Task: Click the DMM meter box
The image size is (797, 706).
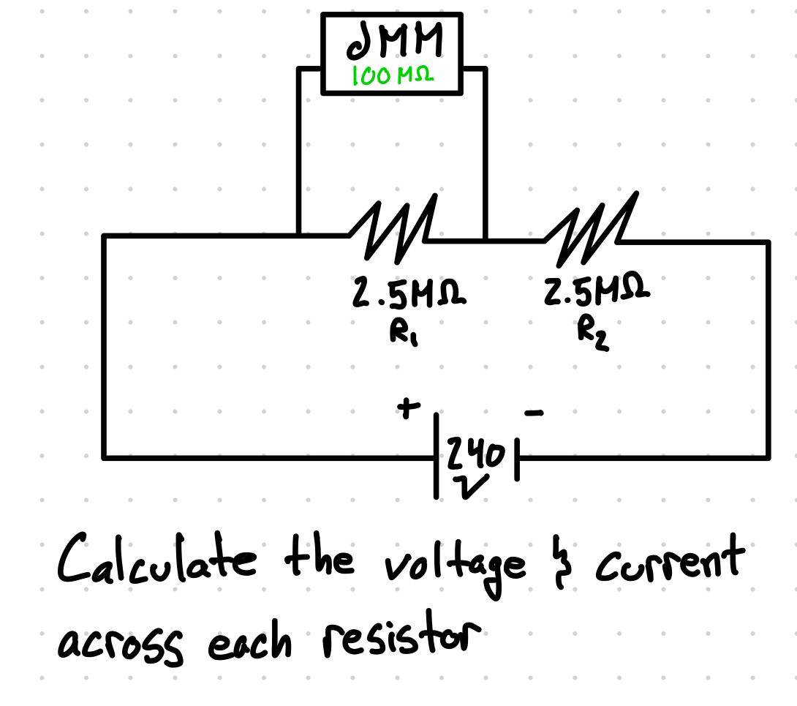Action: coord(392,53)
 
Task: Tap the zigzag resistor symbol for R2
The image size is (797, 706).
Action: coord(590,228)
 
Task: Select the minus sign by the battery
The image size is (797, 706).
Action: coord(535,414)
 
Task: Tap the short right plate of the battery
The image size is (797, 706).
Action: coord(516,459)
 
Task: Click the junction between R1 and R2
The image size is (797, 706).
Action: coord(485,239)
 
